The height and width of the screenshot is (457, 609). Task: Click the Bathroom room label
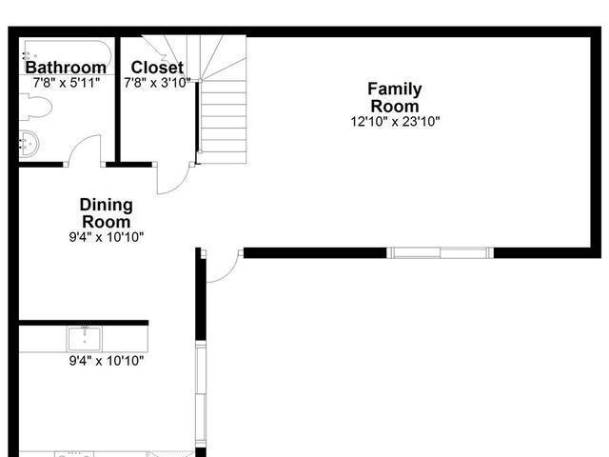pos(66,68)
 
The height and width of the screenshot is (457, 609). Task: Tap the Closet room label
pos(157,68)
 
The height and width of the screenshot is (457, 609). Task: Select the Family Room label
pos(395,97)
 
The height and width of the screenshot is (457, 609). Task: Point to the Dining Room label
pos(106,213)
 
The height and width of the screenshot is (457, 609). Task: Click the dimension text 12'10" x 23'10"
pos(396,122)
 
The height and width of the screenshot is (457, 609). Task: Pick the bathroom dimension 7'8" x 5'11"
pos(67,83)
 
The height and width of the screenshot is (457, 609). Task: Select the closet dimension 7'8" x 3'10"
pos(157,83)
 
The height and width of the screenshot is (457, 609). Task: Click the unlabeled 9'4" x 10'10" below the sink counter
pos(107,361)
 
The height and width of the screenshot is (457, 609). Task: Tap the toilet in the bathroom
pos(36,107)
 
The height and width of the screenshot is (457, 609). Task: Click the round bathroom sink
pos(29,144)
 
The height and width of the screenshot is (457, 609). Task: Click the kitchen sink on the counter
pos(85,339)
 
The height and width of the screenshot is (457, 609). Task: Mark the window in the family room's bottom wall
pos(440,252)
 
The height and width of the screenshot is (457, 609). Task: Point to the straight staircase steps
pos(223,122)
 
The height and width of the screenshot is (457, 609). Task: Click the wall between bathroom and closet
pos(118,99)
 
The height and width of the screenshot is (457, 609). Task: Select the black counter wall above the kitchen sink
pos(84,323)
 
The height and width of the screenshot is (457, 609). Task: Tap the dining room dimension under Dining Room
pos(107,237)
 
